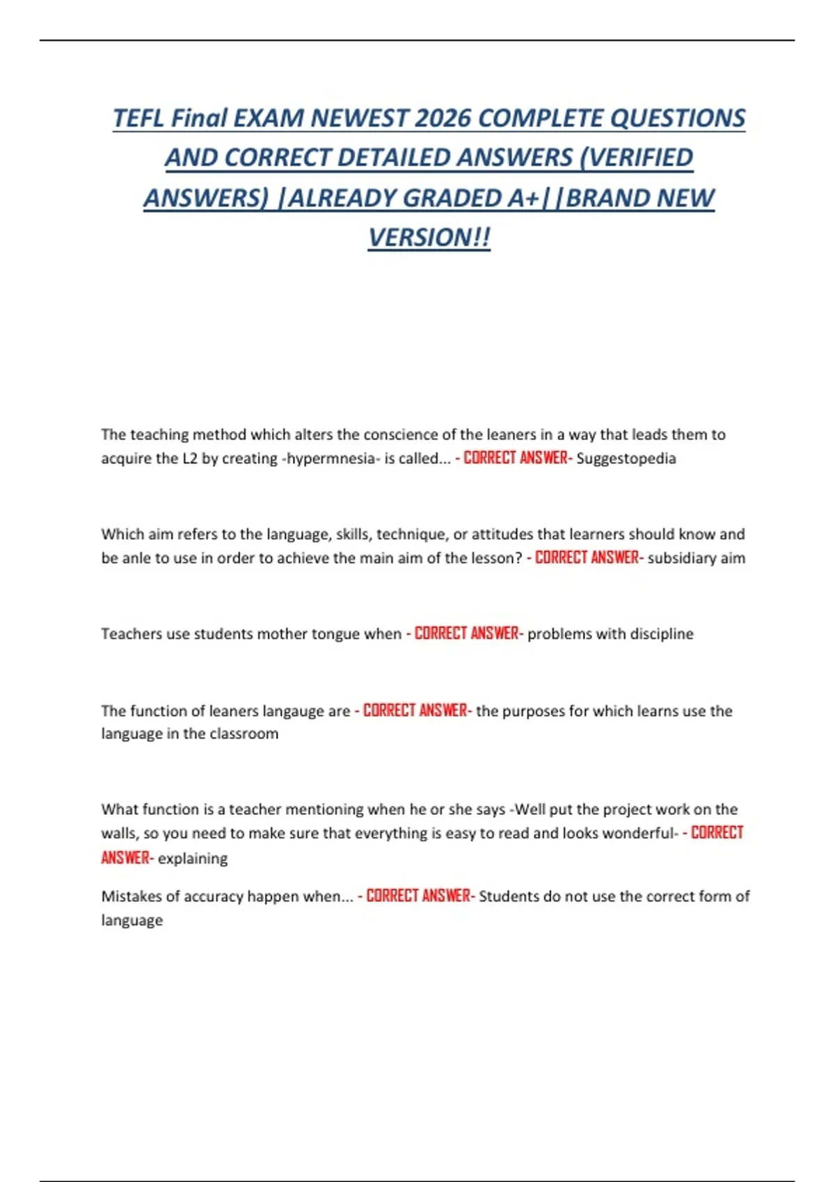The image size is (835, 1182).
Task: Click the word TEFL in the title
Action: [138, 118]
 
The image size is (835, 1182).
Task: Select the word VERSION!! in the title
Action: [429, 238]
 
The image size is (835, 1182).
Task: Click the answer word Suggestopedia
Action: [626, 459]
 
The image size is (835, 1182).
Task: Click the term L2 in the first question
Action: [190, 459]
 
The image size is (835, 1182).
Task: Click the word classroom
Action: [244, 734]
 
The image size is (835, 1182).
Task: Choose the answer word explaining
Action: [193, 859]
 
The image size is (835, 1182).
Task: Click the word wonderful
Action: [637, 834]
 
